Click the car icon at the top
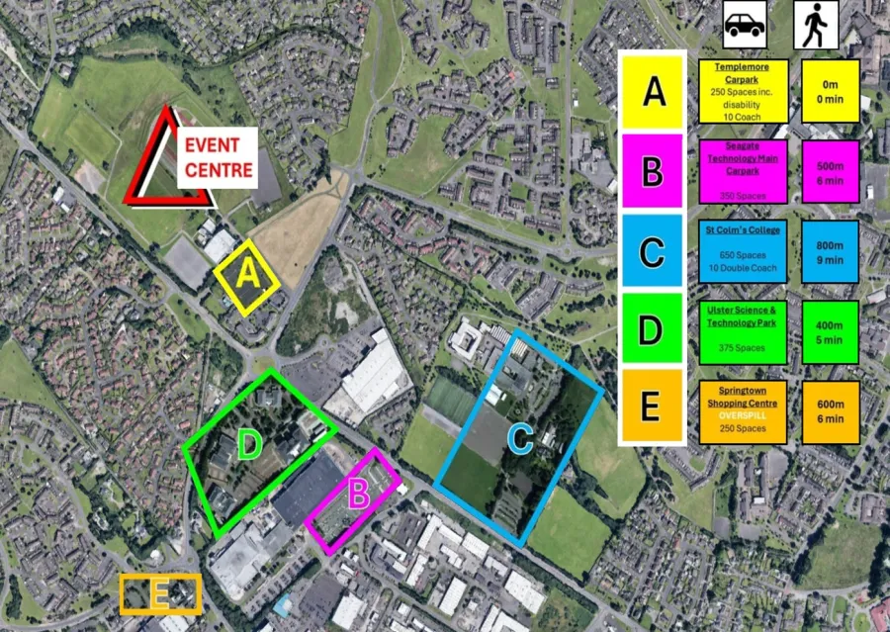[743, 25]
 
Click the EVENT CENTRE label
[218, 157]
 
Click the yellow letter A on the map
[249, 274]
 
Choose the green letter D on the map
[248, 446]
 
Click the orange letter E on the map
[159, 593]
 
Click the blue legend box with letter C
[652, 252]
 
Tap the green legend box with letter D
[652, 330]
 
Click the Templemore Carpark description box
[743, 92]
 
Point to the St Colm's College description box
[743, 250]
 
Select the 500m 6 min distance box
[830, 171]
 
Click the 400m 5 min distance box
[830, 332]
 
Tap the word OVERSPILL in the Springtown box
[742, 416]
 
